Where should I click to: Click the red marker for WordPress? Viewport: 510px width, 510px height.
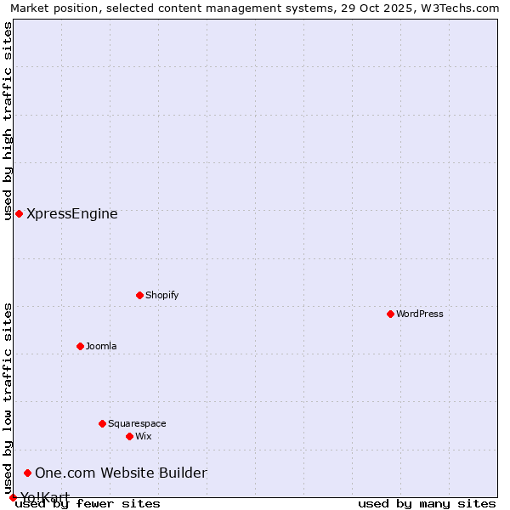point(390,314)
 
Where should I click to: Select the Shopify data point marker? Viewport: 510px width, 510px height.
point(139,295)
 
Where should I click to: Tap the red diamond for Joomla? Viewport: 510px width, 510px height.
point(80,346)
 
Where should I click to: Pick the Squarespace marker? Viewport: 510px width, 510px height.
point(102,423)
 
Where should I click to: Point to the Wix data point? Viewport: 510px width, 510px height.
point(129,436)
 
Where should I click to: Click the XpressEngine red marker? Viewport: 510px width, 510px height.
point(19,213)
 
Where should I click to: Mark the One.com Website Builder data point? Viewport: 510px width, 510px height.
point(27,473)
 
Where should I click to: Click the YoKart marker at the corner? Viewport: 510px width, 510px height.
point(13,497)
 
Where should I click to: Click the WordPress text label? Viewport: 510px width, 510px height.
point(420,314)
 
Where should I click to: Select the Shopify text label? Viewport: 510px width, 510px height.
point(161,295)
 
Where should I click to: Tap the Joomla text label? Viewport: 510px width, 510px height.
point(101,346)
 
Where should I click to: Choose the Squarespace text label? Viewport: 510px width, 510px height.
point(137,423)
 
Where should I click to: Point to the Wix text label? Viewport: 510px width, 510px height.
point(144,436)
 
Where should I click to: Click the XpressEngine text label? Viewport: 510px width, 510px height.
point(72,213)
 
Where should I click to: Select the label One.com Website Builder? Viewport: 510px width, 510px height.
point(121,473)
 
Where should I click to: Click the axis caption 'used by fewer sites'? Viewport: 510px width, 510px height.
point(88,504)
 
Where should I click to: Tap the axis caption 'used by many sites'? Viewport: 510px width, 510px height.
point(427,504)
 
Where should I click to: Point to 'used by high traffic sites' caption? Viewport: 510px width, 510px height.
point(8,121)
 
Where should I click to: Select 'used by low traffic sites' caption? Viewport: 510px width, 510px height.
point(8,398)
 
